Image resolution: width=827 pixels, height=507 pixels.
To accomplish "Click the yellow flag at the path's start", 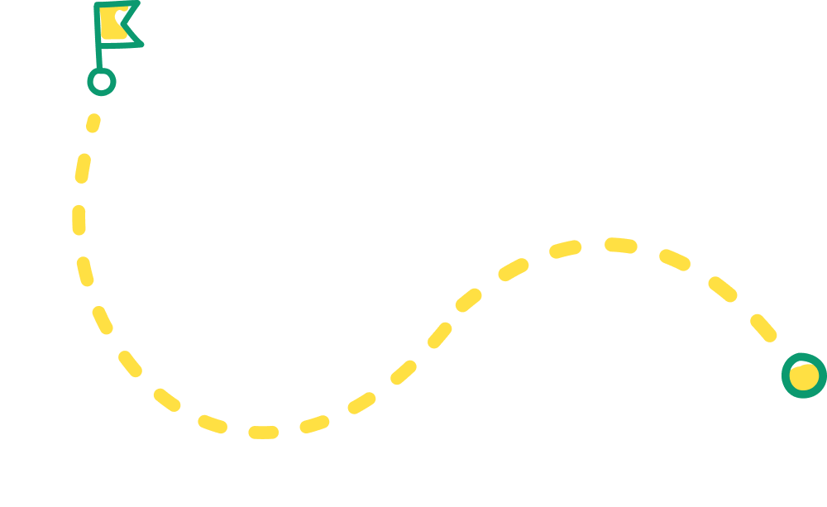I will coord(113,23).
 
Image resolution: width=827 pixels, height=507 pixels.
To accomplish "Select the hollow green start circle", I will coord(102,81).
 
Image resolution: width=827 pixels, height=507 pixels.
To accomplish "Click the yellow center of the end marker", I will coord(804,376).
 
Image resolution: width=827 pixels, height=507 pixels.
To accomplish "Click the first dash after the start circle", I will coord(93,123).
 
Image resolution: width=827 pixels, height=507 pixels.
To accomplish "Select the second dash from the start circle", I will coord(82,168).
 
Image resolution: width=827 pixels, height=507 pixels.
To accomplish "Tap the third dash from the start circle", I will coord(79,221).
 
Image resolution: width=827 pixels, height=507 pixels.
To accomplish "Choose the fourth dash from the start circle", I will coord(85,271).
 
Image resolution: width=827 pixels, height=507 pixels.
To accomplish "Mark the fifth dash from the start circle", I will coord(103,320).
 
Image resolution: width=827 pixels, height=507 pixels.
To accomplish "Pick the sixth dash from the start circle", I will coord(130,364).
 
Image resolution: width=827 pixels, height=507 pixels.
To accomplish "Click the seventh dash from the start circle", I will coord(167,400).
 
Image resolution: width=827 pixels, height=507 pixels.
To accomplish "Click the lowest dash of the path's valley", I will coord(263,432).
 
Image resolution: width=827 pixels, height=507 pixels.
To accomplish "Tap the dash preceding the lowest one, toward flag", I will coord(213,424).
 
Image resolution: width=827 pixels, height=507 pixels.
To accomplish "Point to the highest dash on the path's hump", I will coord(620,245).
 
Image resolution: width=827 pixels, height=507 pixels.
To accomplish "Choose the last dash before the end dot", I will coord(763,328).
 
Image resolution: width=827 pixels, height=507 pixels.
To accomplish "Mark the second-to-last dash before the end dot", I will coord(722,289).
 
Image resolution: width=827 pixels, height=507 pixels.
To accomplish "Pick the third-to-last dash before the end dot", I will coord(674,260).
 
